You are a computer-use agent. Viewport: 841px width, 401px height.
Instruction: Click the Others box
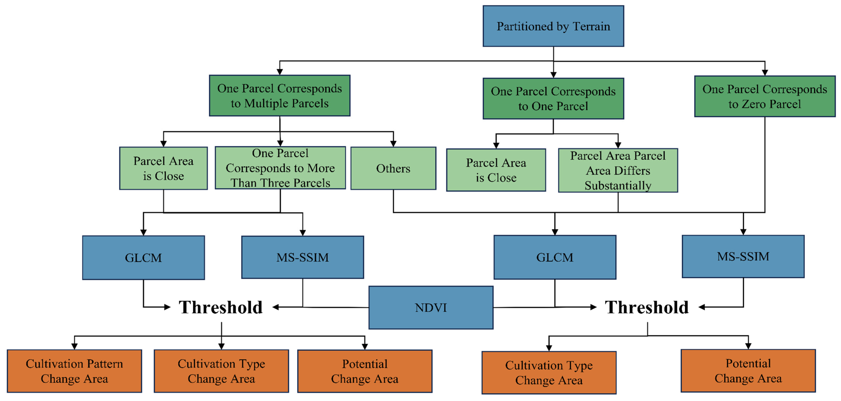[x=393, y=168]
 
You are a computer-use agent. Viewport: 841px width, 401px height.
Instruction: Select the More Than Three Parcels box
[x=280, y=168]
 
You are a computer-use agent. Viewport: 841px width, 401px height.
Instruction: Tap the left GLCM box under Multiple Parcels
[x=143, y=258]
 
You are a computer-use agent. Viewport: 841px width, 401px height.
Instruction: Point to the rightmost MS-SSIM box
[x=743, y=257]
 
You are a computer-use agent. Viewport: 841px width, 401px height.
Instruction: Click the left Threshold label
[x=221, y=307]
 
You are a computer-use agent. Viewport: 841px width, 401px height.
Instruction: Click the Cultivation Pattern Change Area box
[x=74, y=371]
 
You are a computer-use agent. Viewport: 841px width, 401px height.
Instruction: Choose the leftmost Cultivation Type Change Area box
[x=221, y=371]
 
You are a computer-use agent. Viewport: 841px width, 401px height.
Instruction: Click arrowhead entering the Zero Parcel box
[x=765, y=72]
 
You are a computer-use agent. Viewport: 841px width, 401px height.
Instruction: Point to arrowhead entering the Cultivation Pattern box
[x=74, y=347]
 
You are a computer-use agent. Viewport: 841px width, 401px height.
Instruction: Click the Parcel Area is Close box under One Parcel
[x=496, y=170]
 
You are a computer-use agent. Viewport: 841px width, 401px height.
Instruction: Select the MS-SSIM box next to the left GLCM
[x=302, y=257]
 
